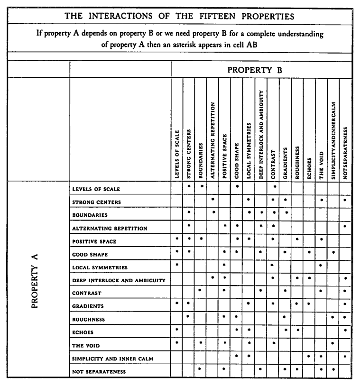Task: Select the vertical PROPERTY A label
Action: pyautogui.click(x=35, y=281)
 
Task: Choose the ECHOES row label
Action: pyautogui.click(x=84, y=332)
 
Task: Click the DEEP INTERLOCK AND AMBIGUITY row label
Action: pyautogui.click(x=119, y=281)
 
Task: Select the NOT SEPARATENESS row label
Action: pyautogui.click(x=99, y=372)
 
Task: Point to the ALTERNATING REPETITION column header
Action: pyautogui.click(x=213, y=140)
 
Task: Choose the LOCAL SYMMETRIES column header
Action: pyautogui.click(x=249, y=152)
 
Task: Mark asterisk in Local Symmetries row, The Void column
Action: pyautogui.click(x=322, y=265)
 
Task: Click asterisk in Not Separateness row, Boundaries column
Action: pyautogui.click(x=201, y=368)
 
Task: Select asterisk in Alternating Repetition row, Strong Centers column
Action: pyautogui.click(x=189, y=226)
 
